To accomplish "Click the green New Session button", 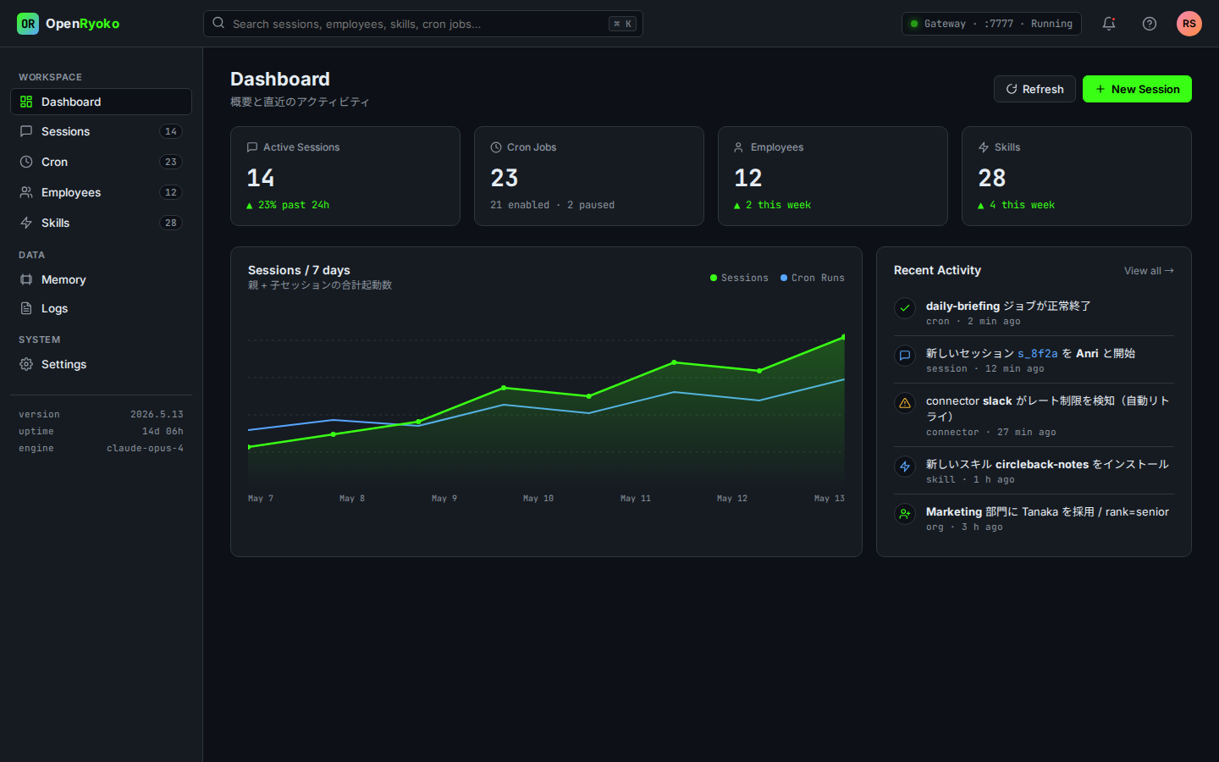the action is click(x=1137, y=89).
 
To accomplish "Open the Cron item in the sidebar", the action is click(x=101, y=162).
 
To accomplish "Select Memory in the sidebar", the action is click(x=101, y=279).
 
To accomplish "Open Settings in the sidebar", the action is click(x=101, y=364).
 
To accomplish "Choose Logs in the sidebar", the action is click(x=101, y=308).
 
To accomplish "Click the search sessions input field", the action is click(x=423, y=24).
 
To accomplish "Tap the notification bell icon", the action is click(x=1109, y=24).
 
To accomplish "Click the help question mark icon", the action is click(x=1150, y=24).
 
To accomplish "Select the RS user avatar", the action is click(x=1189, y=24).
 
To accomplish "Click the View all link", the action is click(x=1149, y=271).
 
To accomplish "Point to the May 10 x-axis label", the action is click(x=538, y=498).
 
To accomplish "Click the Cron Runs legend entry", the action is click(x=813, y=278).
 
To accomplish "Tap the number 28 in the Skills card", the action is click(x=992, y=178).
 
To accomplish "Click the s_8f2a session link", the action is click(x=1038, y=354).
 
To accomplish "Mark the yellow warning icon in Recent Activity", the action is click(x=904, y=403).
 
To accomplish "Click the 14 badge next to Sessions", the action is click(x=170, y=131).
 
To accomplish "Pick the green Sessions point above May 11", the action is click(x=674, y=362).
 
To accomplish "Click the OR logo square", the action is click(x=28, y=24).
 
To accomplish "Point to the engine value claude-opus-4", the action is click(x=145, y=448).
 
